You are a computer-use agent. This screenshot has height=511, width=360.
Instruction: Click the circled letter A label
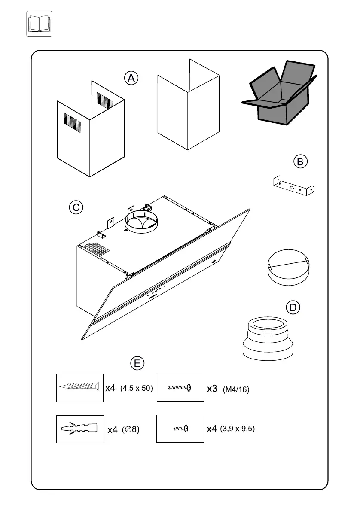131,78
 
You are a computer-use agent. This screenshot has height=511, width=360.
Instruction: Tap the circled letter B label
300,161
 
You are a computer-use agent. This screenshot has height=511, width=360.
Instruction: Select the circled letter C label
76,207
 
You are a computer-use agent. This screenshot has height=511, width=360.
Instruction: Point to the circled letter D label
293,307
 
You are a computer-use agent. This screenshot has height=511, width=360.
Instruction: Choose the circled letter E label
137,363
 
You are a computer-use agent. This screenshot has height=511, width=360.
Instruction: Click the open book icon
40,24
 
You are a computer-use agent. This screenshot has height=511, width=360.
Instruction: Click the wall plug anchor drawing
80,429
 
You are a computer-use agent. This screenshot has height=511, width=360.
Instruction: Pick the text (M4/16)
236,389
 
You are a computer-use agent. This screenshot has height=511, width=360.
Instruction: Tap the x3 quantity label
212,389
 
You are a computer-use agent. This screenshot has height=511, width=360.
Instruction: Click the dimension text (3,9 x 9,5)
238,429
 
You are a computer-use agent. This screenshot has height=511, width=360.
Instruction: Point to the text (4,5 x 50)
137,388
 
